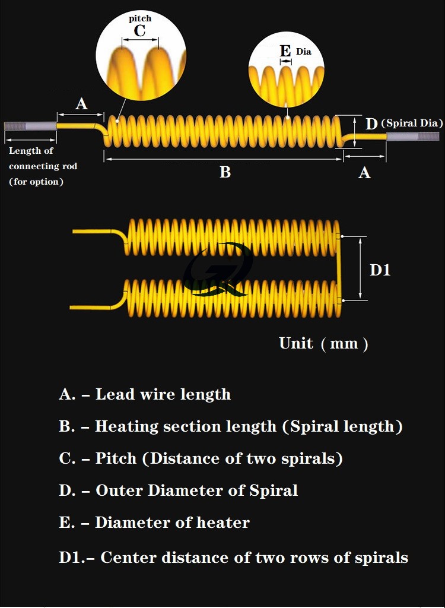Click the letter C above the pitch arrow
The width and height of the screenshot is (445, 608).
click(x=139, y=31)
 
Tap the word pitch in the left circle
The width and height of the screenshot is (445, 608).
click(x=140, y=18)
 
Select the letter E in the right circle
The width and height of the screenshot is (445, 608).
click(x=285, y=51)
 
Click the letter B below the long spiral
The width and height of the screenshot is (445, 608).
click(x=225, y=172)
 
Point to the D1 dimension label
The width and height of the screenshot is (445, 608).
click(x=380, y=270)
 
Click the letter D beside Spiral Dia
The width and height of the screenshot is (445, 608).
click(x=371, y=124)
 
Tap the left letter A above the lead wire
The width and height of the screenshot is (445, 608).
click(x=81, y=104)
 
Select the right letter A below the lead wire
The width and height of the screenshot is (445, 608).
click(x=364, y=173)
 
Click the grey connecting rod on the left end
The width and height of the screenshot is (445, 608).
click(x=30, y=126)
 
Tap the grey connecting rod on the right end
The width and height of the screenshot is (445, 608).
click(x=413, y=137)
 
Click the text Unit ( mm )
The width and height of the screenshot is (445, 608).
click(x=323, y=344)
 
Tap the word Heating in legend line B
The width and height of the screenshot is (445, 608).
click(x=126, y=426)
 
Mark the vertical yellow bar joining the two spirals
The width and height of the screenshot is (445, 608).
click(x=339, y=268)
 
